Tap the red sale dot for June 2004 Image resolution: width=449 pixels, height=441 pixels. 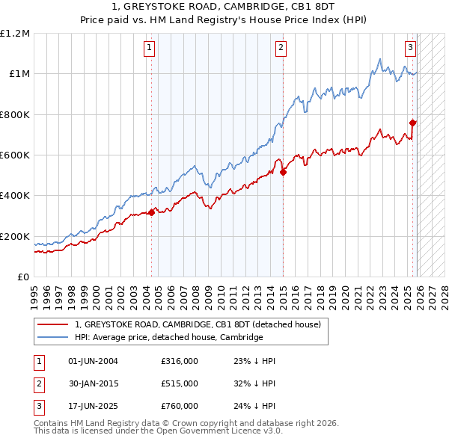(151, 212)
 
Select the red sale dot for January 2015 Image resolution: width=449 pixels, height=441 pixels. (284, 172)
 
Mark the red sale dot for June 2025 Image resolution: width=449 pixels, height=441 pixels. (412, 123)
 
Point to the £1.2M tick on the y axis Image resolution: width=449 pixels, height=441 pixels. (15, 34)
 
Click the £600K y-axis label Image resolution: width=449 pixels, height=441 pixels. (15, 155)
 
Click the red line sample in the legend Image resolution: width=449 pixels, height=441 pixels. (52, 324)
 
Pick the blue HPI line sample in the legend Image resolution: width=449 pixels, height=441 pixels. (52, 337)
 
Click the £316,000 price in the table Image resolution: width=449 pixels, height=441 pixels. (179, 361)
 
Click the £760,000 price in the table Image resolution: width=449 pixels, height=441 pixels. (179, 406)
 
